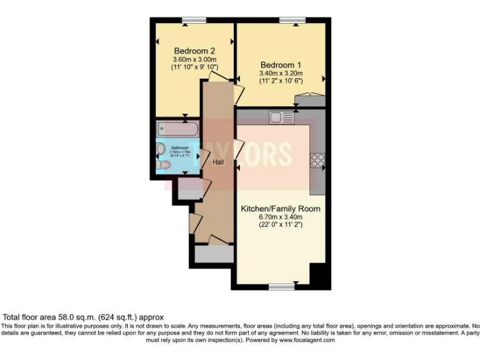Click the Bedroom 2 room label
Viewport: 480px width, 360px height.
pos(195,51)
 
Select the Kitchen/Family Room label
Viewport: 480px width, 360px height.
pos(281,209)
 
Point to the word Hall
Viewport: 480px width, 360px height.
pos(218,162)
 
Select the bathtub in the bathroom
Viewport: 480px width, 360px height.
pos(178,129)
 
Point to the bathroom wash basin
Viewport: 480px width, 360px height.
pos(161,149)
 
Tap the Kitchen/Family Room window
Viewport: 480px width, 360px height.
pos(281,287)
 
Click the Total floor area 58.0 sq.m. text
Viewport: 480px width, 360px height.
pos(83,317)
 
